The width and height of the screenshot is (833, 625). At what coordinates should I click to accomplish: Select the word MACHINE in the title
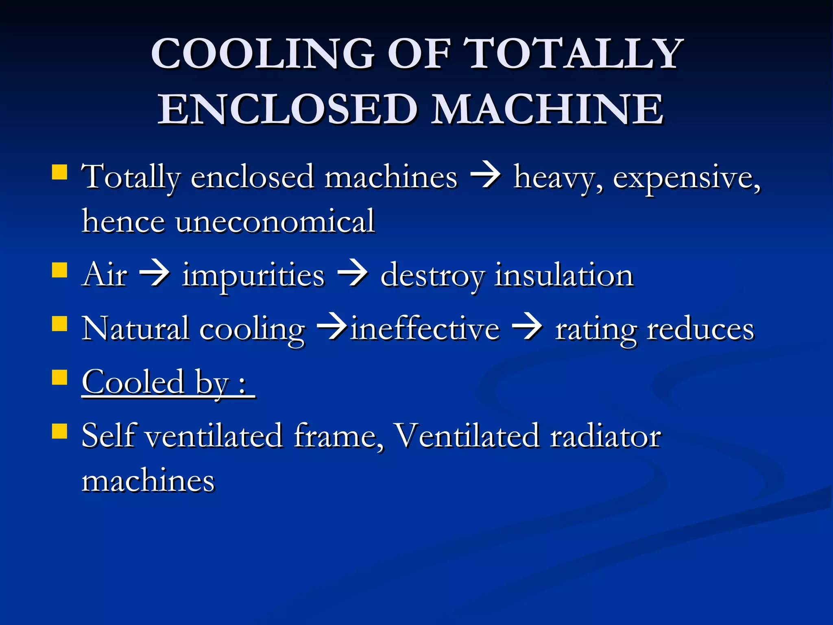(x=547, y=109)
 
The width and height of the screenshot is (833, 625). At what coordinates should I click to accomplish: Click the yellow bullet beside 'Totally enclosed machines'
(x=60, y=172)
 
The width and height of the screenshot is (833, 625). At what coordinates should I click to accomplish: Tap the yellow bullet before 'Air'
(x=60, y=270)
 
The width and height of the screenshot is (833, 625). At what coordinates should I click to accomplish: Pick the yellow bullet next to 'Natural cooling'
(x=60, y=323)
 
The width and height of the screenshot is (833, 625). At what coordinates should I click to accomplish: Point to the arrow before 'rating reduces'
(x=527, y=328)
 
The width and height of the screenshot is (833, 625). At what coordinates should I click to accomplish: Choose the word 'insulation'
(x=564, y=275)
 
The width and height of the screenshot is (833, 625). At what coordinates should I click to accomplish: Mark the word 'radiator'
(x=606, y=436)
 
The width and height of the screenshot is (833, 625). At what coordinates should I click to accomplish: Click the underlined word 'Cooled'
(x=133, y=382)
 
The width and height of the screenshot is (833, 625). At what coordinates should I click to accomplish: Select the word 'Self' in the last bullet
(x=108, y=436)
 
